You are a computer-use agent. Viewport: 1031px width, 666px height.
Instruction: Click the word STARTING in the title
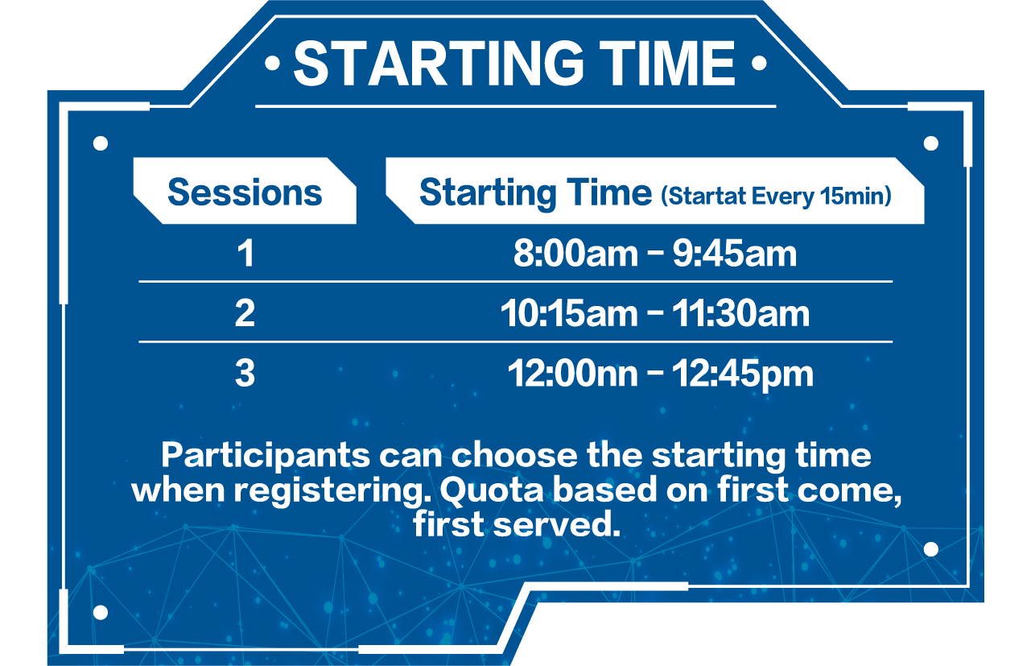tap(439, 64)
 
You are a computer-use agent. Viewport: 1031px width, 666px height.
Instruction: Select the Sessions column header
tap(245, 192)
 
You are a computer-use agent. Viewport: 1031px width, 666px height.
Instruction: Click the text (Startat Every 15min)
tap(777, 196)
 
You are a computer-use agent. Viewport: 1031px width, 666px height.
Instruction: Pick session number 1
tap(245, 254)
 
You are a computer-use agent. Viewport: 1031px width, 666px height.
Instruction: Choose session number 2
tap(245, 313)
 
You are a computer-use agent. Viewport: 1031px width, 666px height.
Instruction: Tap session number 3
tap(245, 373)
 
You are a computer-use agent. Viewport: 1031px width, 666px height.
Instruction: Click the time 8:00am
tap(575, 254)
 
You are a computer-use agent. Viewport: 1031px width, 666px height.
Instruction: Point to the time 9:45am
tap(735, 254)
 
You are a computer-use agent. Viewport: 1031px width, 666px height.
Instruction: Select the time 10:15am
tap(569, 313)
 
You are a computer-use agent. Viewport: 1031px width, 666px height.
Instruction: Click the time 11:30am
tap(740, 313)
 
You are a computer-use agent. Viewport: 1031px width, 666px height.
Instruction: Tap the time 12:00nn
tap(572, 373)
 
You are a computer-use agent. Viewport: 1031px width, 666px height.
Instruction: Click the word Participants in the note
tap(266, 456)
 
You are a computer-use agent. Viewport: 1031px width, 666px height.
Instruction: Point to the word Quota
tap(492, 490)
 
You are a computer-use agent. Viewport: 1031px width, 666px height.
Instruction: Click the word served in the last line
tap(557, 524)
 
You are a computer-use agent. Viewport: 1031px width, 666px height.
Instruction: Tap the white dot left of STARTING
tap(273, 63)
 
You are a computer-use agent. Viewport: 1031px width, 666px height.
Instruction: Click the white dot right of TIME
tap(759, 63)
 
